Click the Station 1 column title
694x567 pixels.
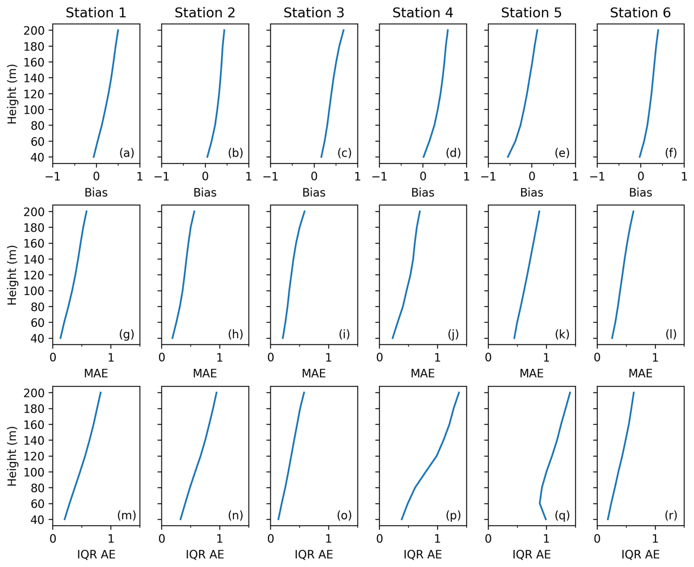click(x=96, y=13)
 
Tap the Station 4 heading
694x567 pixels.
click(x=423, y=13)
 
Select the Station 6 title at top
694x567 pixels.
click(x=640, y=13)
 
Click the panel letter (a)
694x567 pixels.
click(x=127, y=153)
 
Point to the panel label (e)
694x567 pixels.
click(x=562, y=153)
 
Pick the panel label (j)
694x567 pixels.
click(x=453, y=334)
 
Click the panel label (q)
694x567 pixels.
click(x=562, y=515)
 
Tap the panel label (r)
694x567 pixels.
click(x=671, y=515)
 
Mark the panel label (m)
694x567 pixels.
click(x=127, y=515)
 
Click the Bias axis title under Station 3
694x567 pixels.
click(x=314, y=193)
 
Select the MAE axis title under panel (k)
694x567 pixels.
click(x=532, y=373)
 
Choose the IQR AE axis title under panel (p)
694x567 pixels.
click(x=423, y=554)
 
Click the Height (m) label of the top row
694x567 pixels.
click(x=12, y=94)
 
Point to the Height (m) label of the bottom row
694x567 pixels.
click(x=12, y=456)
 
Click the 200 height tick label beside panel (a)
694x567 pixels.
click(x=34, y=30)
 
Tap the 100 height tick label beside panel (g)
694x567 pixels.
click(x=34, y=291)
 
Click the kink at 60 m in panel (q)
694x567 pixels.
click(x=540, y=504)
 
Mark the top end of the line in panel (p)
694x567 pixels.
click(x=459, y=392)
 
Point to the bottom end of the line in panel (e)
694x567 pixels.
click(x=508, y=157)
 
